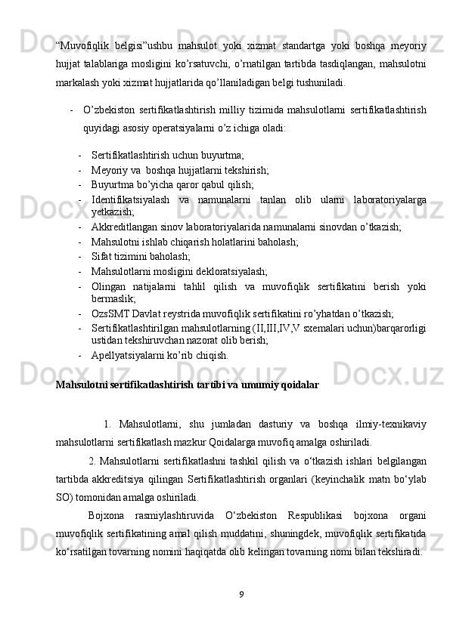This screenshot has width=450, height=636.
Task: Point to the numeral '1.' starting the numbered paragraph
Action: coord(109,423)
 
